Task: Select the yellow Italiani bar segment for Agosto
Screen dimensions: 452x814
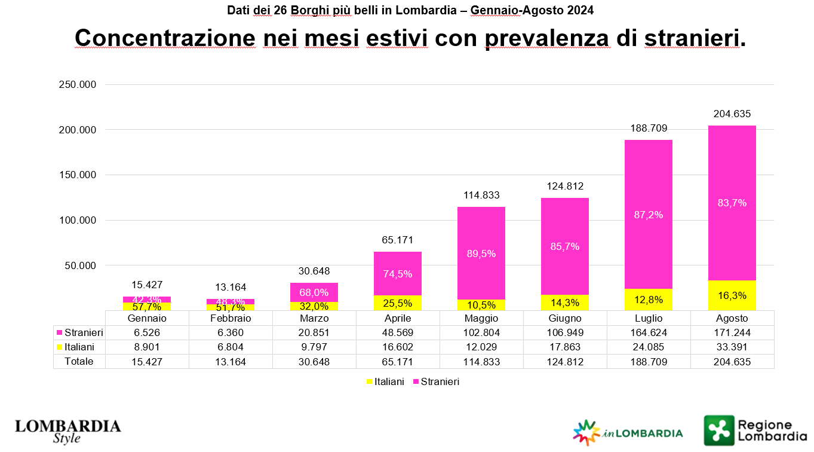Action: coord(732,295)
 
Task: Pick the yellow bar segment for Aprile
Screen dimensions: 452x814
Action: coord(398,303)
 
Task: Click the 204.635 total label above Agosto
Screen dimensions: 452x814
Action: coord(732,114)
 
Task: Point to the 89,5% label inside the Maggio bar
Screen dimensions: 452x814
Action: coord(481,254)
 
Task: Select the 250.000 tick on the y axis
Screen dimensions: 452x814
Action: coord(78,85)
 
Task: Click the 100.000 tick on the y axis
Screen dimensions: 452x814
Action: coord(78,220)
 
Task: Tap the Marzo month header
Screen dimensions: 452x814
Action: coord(314,318)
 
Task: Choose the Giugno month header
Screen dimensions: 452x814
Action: coord(565,318)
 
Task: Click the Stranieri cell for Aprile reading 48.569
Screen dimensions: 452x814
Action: coord(398,332)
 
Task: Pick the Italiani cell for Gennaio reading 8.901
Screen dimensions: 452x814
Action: coord(147,347)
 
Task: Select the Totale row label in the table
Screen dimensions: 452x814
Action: coord(79,361)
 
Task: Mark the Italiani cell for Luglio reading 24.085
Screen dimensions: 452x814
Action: coord(649,347)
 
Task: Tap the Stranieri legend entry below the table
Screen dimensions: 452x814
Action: coord(435,381)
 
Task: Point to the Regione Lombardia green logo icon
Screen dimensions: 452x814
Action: coord(718,430)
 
